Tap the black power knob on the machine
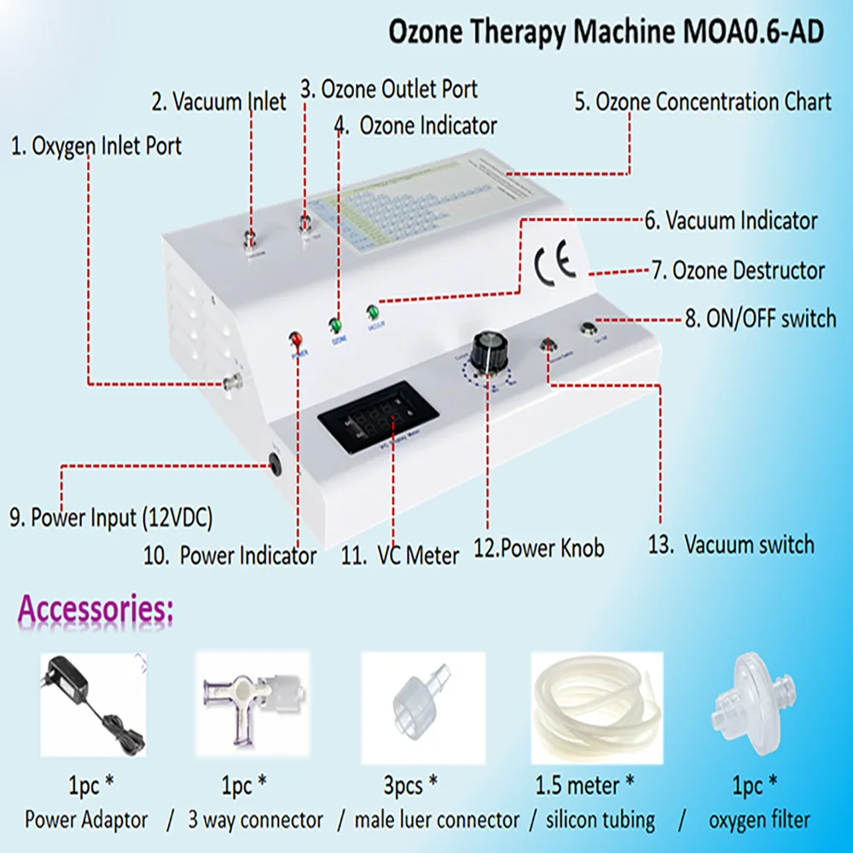pos(490,346)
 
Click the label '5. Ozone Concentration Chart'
pos(702,102)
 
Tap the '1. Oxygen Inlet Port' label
pos(96,146)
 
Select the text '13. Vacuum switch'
pos(731,545)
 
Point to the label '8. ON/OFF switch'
pos(761,319)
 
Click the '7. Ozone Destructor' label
pos(738,271)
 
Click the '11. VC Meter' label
pos(400,555)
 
